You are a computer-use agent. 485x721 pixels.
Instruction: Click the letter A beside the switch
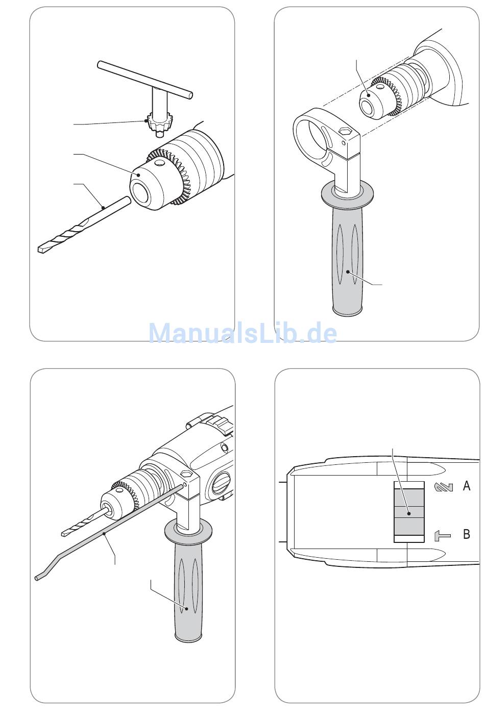466,485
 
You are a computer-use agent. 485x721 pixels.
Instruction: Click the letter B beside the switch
466,534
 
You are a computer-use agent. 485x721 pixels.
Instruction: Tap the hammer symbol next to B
443,536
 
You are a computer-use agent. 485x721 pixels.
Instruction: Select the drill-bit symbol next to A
444,487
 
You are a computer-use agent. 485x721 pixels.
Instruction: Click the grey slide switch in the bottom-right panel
409,512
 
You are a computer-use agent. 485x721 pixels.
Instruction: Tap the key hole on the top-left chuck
159,163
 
